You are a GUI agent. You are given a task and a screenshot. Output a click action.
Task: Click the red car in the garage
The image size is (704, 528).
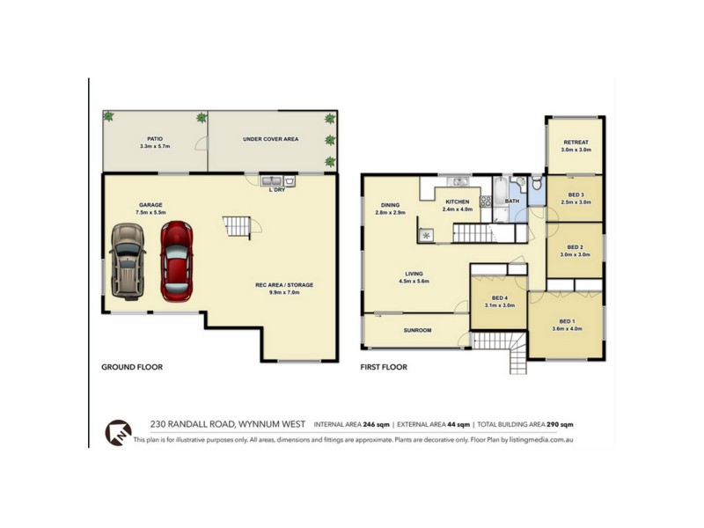[176, 260]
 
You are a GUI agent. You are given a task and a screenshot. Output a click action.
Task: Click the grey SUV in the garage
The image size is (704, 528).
[127, 260]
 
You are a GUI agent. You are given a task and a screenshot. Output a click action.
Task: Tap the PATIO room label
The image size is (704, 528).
[155, 138]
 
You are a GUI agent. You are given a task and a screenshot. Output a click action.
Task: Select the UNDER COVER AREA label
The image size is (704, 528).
[270, 139]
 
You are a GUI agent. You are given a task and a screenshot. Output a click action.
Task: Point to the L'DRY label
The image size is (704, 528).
[276, 188]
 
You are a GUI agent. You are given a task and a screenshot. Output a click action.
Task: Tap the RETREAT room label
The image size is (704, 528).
[576, 142]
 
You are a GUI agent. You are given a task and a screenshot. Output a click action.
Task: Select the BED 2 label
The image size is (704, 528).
[576, 247]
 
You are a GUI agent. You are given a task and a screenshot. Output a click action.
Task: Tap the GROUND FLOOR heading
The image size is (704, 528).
[132, 367]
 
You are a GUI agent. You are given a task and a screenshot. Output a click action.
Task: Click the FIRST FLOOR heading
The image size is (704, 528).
[384, 367]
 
